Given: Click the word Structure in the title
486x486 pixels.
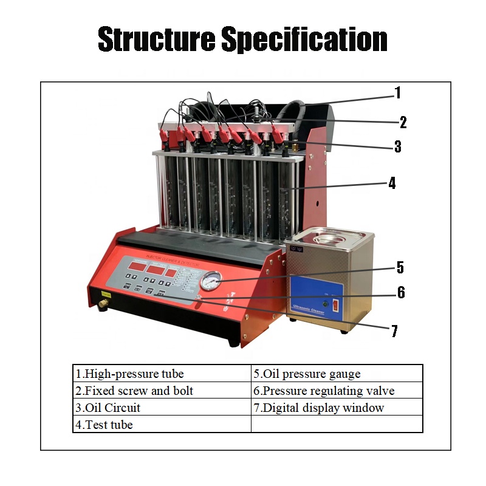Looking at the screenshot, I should click(156, 40).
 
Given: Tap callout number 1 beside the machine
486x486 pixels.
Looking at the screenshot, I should click(398, 93).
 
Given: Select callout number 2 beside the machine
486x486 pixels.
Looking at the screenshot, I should click(403, 122).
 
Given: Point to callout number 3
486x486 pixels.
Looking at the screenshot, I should click(397, 146).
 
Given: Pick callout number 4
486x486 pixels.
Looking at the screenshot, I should click(392, 183).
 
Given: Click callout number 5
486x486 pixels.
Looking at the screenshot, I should click(400, 267).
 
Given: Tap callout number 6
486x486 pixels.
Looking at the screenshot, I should click(401, 292).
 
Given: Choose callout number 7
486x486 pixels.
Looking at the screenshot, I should click(394, 331).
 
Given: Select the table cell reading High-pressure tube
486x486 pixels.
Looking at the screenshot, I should click(162, 374).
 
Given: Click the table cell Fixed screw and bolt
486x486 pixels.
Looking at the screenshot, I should click(162, 391).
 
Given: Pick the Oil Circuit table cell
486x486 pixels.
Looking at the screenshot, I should click(162, 408).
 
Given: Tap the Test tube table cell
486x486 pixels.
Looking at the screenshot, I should click(162, 425).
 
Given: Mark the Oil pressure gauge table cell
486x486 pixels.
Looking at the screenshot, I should click(337, 374).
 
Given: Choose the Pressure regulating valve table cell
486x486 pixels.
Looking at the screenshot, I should click(337, 391).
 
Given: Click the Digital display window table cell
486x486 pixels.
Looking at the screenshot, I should click(337, 408).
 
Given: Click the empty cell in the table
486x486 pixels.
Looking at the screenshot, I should click(337, 424).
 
